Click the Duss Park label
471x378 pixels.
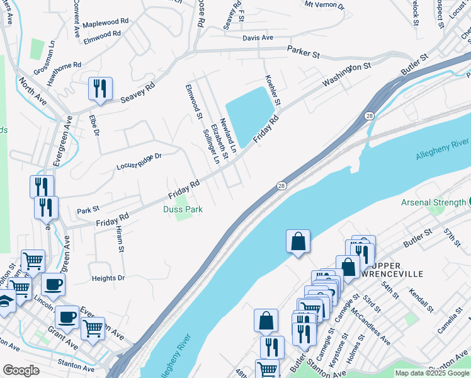coord(183,209)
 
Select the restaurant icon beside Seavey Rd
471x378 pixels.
coord(100,89)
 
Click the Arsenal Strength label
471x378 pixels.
coord(434,202)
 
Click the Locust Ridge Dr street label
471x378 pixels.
coord(139,161)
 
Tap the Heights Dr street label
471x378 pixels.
coord(108,278)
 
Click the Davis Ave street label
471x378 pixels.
coord(258,38)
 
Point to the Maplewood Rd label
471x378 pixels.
coord(106,22)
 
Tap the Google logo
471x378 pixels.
coord(21,370)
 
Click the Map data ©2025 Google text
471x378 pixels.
coord(432,373)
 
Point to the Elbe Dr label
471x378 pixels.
coord(95,125)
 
